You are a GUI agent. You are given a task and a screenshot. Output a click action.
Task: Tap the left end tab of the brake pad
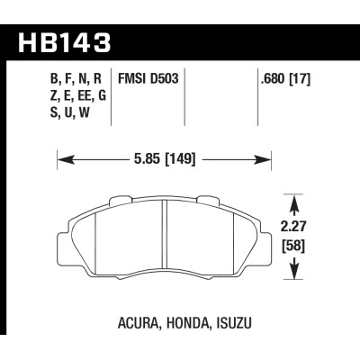point(72,236)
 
